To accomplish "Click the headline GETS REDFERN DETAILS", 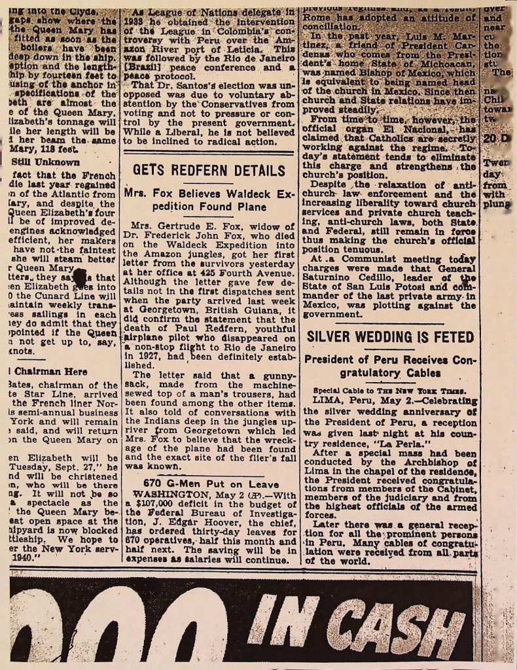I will pos(208,171).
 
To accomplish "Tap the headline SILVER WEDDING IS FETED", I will pos(390,337).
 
